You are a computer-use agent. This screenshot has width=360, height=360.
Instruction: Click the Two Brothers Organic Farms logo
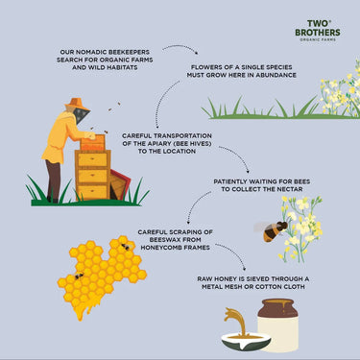tap(318, 31)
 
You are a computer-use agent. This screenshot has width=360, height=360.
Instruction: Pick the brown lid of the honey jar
tap(277, 308)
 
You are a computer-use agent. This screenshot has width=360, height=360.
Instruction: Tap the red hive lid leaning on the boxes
tap(120, 183)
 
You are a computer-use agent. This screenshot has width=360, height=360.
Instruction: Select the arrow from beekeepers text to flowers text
tap(180, 47)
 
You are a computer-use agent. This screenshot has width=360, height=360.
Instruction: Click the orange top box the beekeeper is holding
tap(92, 143)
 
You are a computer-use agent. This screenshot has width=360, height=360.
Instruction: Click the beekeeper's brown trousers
tap(53, 180)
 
